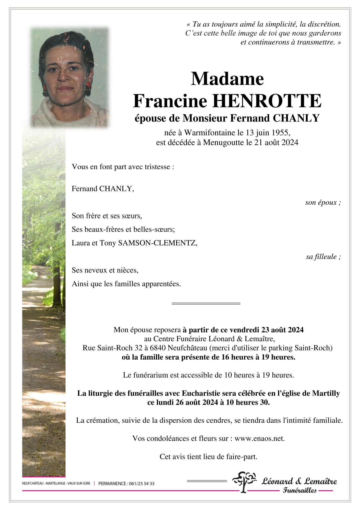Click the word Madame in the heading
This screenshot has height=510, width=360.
227,79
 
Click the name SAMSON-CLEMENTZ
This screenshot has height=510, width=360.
157,243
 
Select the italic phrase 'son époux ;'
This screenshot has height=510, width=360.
323,202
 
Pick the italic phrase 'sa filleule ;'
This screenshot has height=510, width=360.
323,257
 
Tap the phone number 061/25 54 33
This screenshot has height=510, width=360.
141,484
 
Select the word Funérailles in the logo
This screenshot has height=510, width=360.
300,490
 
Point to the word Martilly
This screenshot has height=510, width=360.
326,393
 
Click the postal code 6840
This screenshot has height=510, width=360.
158,348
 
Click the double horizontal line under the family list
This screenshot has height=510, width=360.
206,304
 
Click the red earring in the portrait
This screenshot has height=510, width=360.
89,85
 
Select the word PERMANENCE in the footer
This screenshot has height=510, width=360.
112,484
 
